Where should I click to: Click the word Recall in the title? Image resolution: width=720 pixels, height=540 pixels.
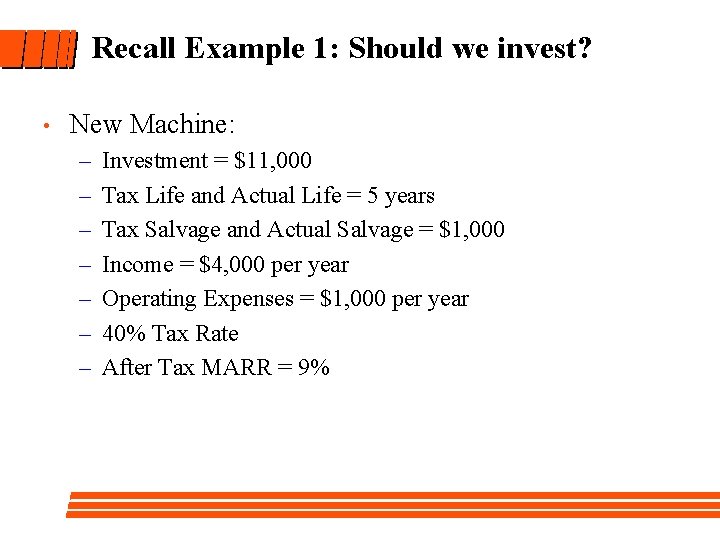pyautogui.click(x=134, y=48)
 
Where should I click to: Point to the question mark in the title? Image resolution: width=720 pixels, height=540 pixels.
pyautogui.click(x=584, y=48)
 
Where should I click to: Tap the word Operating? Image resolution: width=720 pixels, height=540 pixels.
pyautogui.click(x=150, y=300)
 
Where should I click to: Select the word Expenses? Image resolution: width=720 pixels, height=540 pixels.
pyautogui.click(x=251, y=300)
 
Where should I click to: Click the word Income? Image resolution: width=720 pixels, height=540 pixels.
pyautogui.click(x=138, y=265)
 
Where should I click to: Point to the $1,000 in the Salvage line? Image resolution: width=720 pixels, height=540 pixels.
pyautogui.click(x=472, y=231)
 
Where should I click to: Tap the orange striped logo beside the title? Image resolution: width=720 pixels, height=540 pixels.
pyautogui.click(x=38, y=48)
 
